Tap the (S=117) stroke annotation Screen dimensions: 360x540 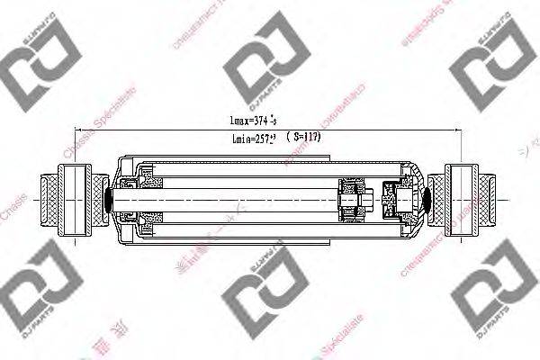(301, 137)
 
